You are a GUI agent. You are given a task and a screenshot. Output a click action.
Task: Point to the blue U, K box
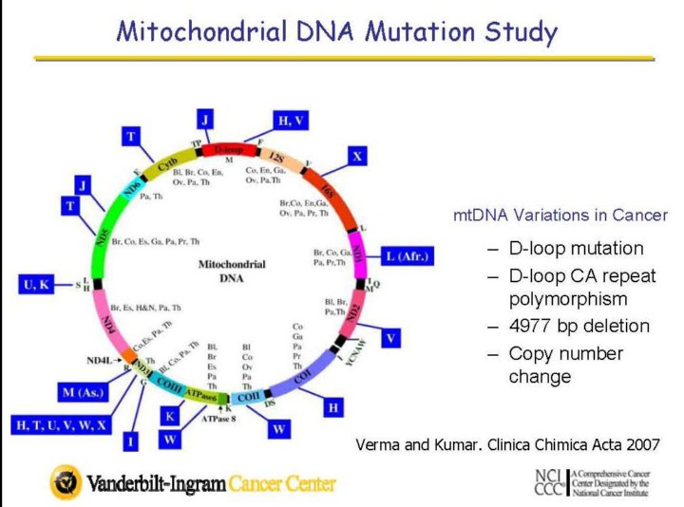pos(40,283)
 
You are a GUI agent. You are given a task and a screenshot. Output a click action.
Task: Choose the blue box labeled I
pos(130,441)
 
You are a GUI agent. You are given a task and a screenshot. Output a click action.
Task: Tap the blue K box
pos(170,416)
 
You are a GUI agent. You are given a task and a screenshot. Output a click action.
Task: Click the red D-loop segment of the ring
pos(229,150)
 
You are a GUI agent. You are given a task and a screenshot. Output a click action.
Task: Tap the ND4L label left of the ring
pos(99,361)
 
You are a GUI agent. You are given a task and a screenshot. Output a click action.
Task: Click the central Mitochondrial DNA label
pos(232,271)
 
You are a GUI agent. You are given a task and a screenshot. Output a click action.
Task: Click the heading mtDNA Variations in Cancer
pos(560,216)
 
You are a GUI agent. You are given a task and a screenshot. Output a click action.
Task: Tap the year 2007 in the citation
pos(638,443)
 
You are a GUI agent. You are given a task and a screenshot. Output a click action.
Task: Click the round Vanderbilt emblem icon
pos(66,481)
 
